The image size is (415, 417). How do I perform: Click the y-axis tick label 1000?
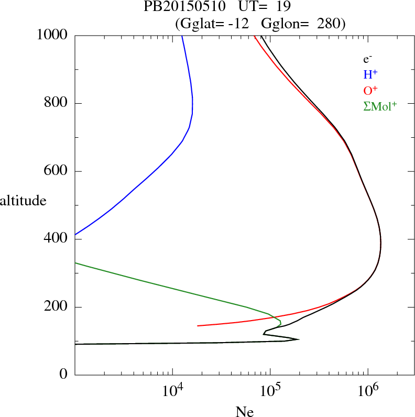coord(52,35)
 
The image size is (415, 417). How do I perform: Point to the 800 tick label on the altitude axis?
coord(56,103)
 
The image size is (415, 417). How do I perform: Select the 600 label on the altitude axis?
coord(56,171)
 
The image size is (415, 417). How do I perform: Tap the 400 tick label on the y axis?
coord(56,239)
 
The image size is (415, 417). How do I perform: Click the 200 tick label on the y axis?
coord(56,307)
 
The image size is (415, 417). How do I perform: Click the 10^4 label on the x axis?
coord(172,391)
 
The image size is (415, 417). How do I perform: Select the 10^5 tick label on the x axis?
coord(270,391)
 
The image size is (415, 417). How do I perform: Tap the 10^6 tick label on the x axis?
coord(368,391)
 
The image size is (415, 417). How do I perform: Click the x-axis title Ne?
coord(244,412)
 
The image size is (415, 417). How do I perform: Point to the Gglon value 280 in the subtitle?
coord(327,24)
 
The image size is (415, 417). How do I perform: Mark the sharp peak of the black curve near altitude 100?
coord(299,339)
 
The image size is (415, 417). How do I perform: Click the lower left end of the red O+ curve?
coord(198,325)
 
